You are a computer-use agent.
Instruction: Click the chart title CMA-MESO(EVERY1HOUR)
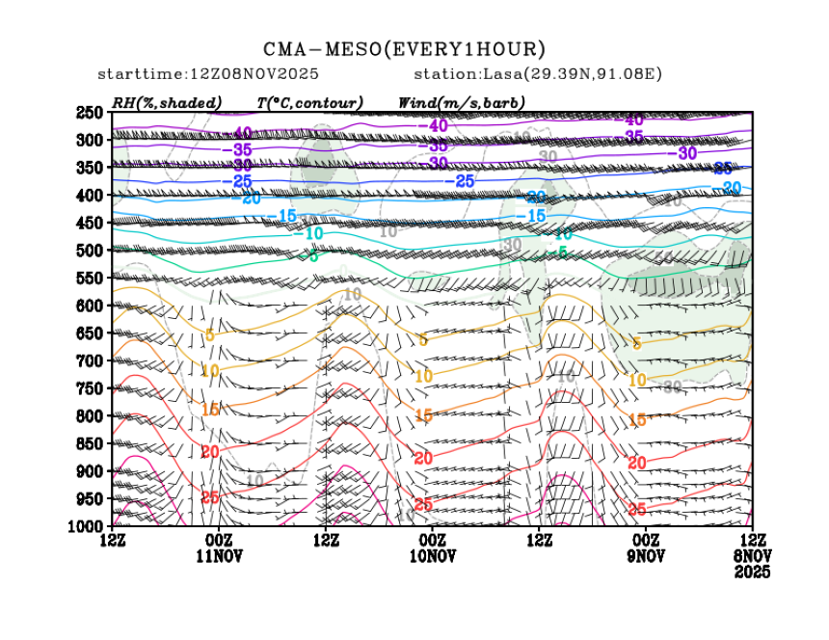pos(405,49)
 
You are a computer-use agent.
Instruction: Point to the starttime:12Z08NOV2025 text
pos(208,74)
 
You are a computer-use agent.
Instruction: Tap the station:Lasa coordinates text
pos(536,74)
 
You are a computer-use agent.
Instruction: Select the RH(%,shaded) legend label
pos(167,102)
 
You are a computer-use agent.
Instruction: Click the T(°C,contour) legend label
pos(309,102)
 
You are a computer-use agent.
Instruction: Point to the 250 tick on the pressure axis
pos(90,113)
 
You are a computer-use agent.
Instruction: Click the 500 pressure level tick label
pos(90,251)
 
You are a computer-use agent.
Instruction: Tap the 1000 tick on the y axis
pos(86,526)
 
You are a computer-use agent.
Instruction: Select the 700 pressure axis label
pos(90,360)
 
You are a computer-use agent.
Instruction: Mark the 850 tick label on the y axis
pos(90,443)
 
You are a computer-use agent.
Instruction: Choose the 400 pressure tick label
pos(90,196)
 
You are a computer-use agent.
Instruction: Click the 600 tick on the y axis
pos(90,306)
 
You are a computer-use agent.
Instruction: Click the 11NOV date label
pos(219,556)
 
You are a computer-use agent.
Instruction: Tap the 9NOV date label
pos(646,556)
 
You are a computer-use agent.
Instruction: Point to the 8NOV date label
pos(752,556)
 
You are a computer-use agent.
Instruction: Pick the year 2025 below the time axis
pos(752,572)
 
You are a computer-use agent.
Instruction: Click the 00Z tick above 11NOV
pos(219,541)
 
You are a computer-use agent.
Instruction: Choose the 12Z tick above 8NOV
pos(752,541)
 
